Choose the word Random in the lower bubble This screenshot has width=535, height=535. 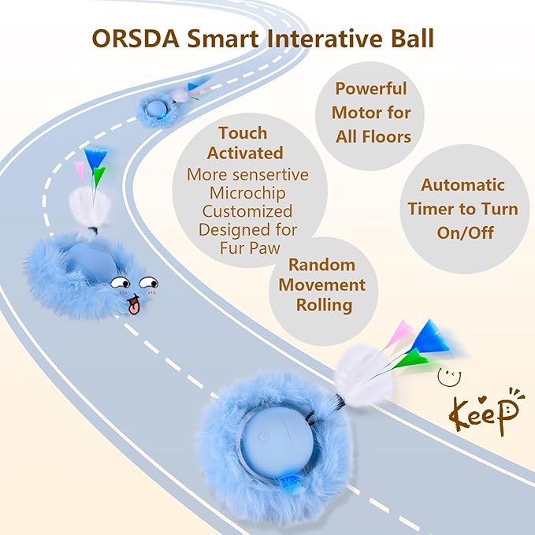(x=321, y=265)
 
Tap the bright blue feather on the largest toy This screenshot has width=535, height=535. (x=433, y=335)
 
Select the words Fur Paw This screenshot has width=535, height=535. (x=247, y=247)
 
